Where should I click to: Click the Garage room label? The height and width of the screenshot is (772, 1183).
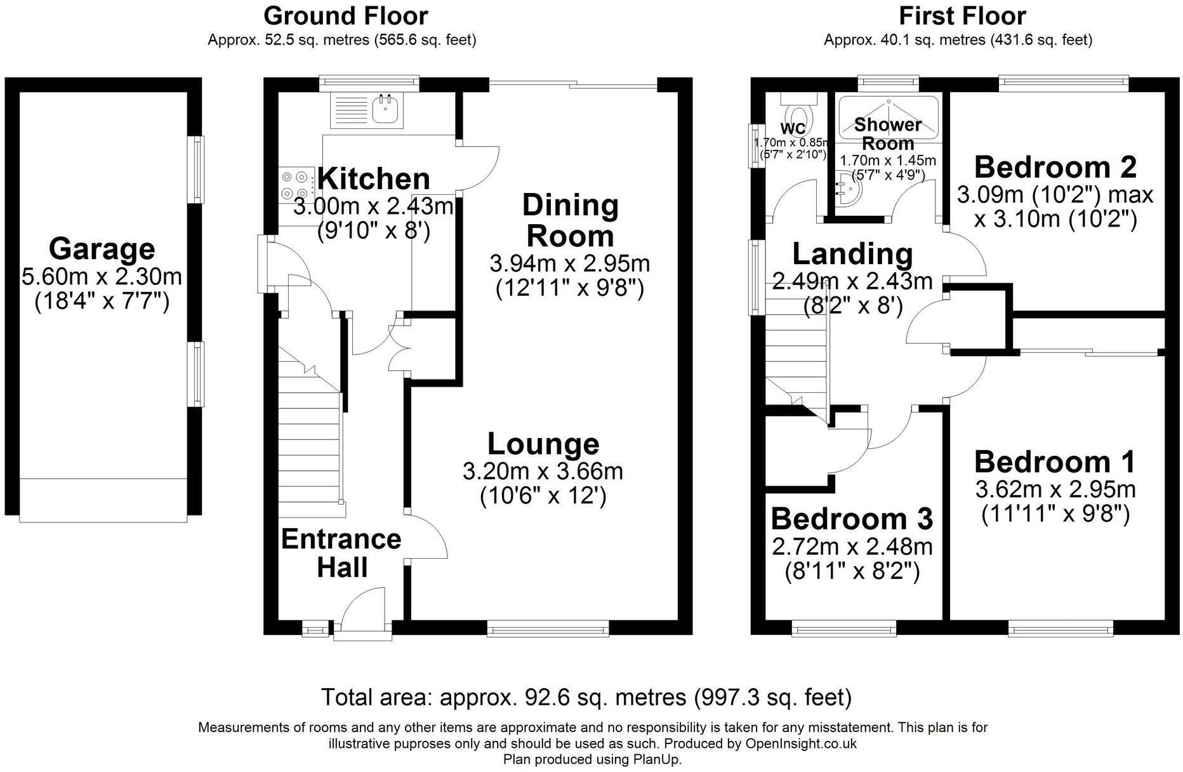tap(102, 248)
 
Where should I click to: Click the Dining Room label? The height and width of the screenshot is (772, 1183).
tap(570, 220)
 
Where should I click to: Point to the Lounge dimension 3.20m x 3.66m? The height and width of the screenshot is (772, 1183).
tap(543, 471)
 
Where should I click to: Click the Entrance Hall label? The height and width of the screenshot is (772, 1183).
tap(341, 552)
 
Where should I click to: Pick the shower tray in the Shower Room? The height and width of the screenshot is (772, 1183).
tap(889, 117)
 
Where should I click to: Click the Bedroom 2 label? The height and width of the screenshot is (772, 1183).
tap(1055, 167)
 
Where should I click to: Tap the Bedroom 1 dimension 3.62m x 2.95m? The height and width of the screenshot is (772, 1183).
tap(1055, 489)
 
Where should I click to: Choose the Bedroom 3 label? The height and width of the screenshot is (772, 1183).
tap(852, 519)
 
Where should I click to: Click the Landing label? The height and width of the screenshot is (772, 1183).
tap(853, 254)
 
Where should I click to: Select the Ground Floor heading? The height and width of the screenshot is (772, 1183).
tap(346, 15)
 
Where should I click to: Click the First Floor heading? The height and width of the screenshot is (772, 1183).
tap(962, 15)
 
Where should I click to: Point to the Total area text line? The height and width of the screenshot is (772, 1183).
tap(586, 697)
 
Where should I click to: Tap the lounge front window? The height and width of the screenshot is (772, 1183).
tap(548, 629)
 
